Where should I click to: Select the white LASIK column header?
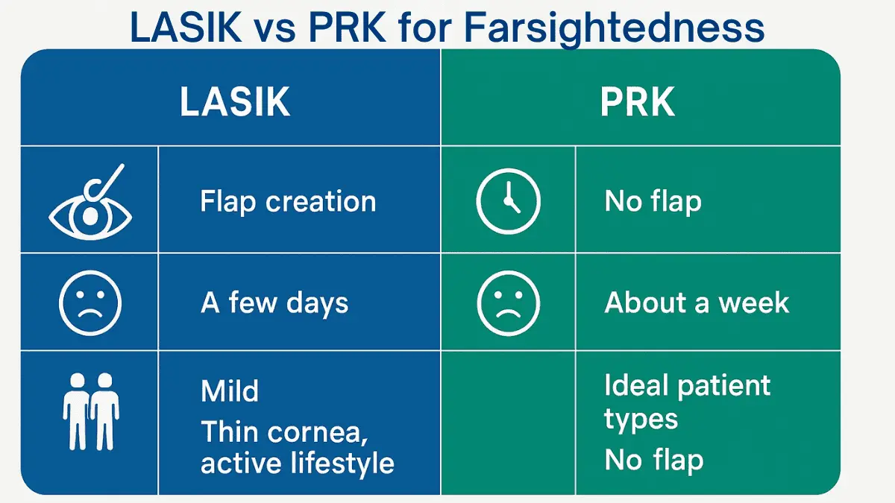pos(235,104)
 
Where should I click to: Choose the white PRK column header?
pos(638,104)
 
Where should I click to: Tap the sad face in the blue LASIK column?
pos(90,303)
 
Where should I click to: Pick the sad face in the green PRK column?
pos(508,303)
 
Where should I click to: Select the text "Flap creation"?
pos(288,202)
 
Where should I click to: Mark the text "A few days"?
pos(274,303)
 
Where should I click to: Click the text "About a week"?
pos(697,303)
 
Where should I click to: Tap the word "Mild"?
pos(230,391)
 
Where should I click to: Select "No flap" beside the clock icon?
pos(653,201)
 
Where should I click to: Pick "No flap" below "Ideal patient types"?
pos(653,460)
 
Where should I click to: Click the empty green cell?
pos(508,423)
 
